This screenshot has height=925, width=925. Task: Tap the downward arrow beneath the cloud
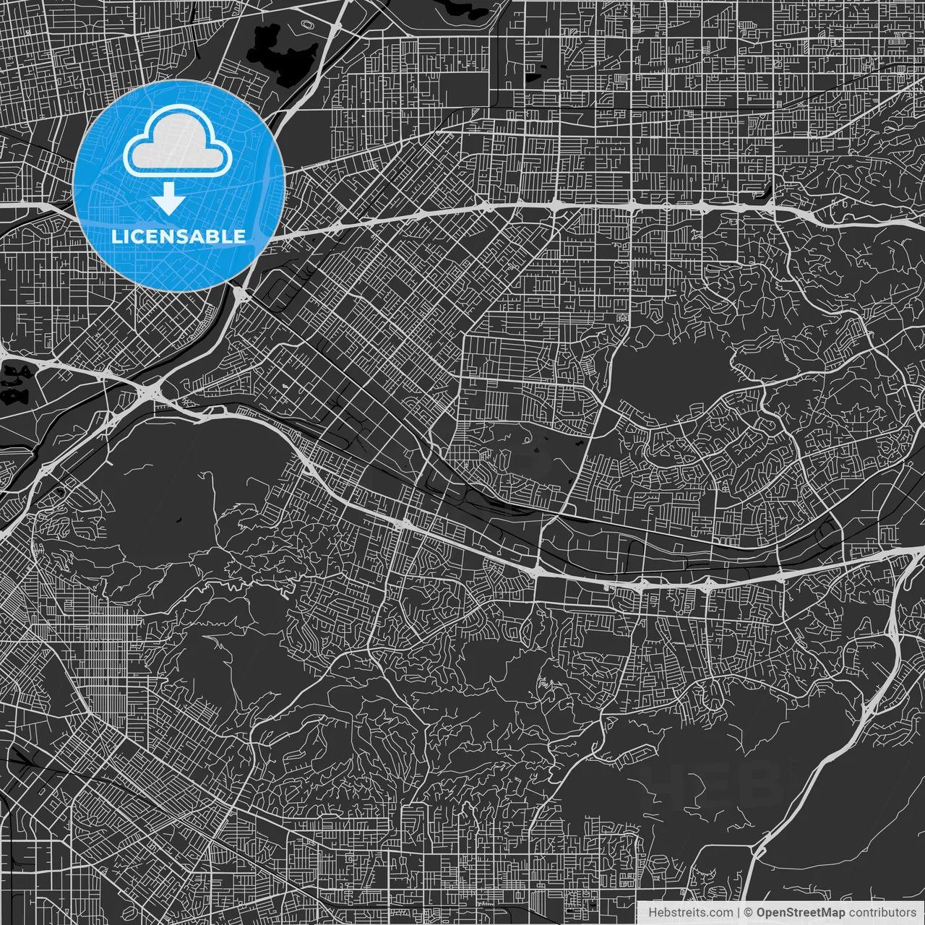(170, 198)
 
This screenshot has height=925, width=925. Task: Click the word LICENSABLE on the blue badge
(178, 236)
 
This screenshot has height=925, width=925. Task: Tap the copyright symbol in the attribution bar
(749, 913)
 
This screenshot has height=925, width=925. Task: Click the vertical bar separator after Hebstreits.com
(738, 913)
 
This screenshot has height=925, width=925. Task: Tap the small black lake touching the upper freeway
(765, 194)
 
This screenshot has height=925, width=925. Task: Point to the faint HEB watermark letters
(712, 784)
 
